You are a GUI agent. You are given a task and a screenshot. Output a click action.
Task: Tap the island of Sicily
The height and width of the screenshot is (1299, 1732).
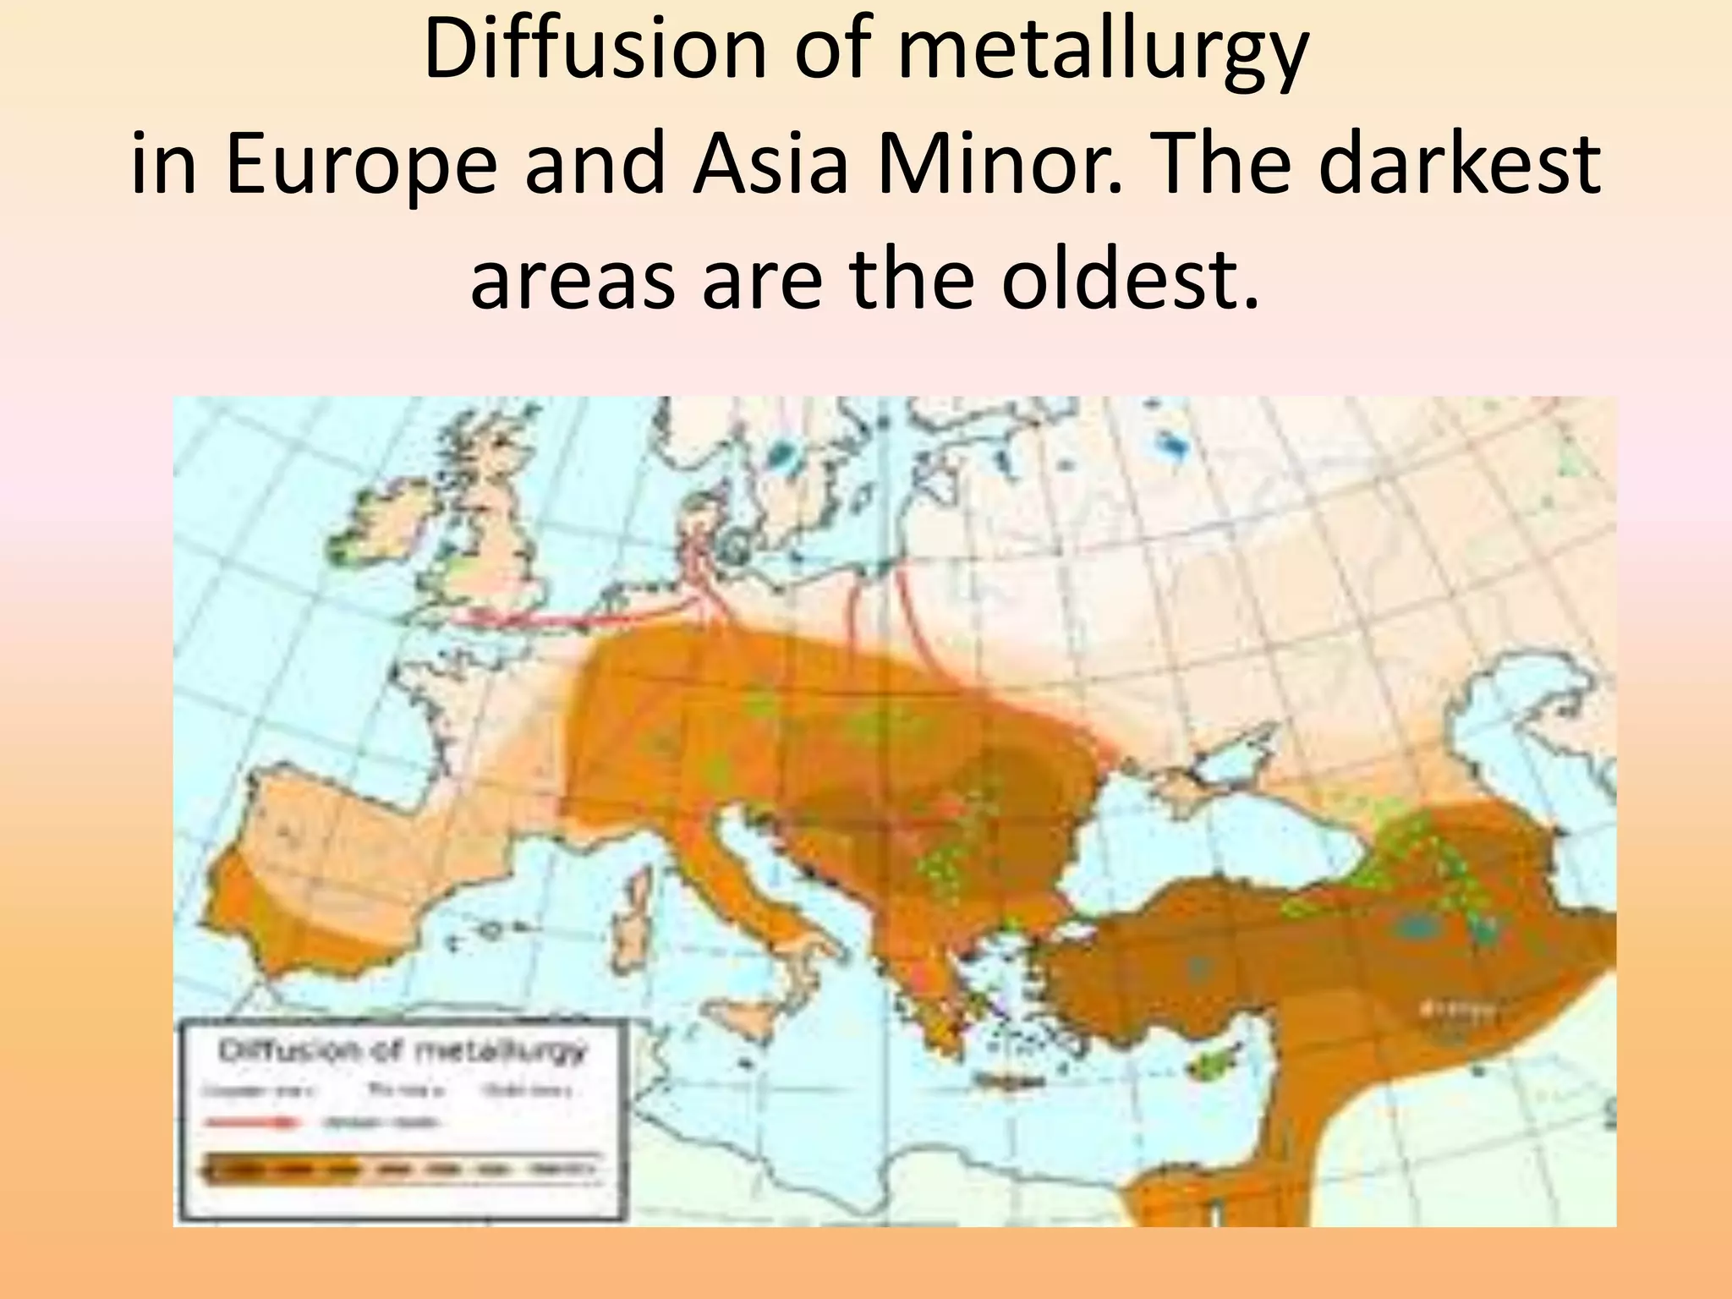point(765,1015)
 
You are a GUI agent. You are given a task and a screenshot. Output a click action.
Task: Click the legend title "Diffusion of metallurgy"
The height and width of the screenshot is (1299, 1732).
point(403,1051)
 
